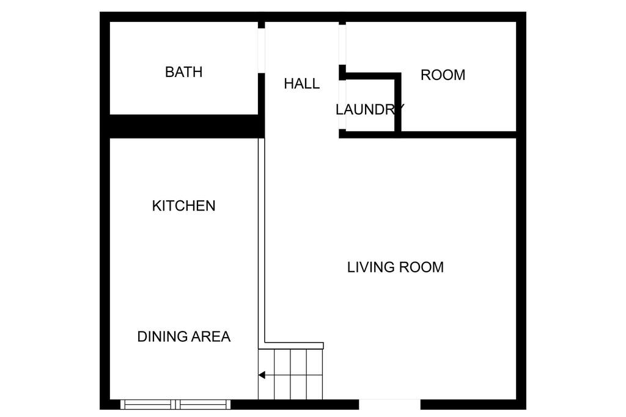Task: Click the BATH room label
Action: point(183,72)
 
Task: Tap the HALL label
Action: point(302,84)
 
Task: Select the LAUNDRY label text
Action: point(370,110)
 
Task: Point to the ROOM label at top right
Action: point(443,75)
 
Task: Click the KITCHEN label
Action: point(183,206)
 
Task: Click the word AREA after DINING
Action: point(211,336)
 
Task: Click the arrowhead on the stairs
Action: point(262,375)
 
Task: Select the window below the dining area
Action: point(175,404)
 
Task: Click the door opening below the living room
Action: point(389,404)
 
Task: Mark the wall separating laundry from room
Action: point(397,102)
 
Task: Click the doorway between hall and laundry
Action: point(342,105)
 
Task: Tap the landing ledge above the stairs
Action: point(294,346)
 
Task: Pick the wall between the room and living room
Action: point(458,135)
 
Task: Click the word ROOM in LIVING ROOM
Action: point(421,267)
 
